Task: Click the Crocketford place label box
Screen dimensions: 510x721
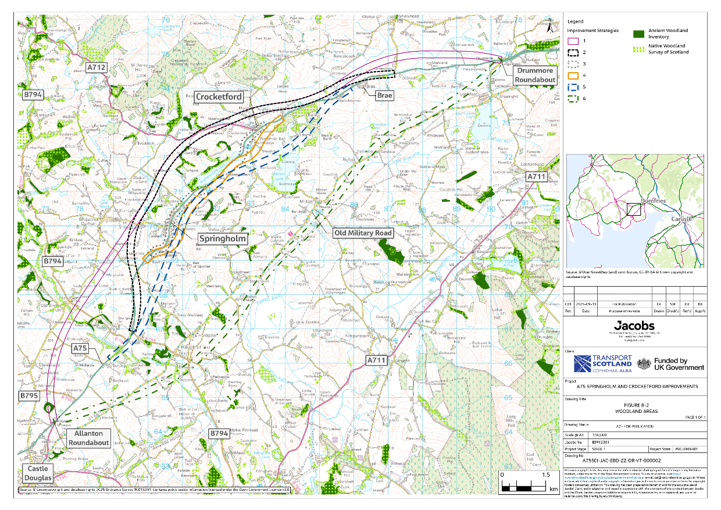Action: coord(219,97)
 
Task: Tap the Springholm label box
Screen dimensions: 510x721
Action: coord(223,238)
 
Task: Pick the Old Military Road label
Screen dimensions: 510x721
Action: coord(363,233)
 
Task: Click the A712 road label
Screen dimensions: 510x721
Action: coord(98,68)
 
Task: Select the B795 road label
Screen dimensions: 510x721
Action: coord(29,395)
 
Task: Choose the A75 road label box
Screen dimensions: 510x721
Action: coord(80,348)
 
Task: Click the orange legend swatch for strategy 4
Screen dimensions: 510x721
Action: coord(573,75)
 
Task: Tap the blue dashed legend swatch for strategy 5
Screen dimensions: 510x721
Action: coord(573,87)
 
